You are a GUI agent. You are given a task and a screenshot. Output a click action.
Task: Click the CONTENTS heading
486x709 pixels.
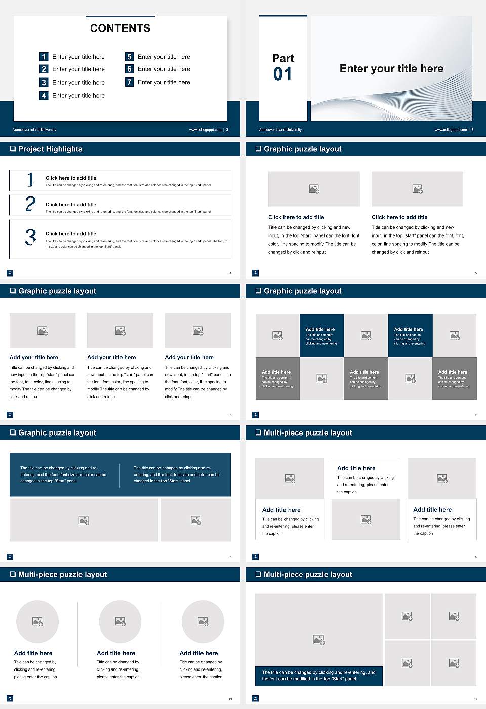pyautogui.click(x=120, y=28)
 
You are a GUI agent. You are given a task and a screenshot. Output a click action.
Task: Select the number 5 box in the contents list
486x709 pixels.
pyautogui.click(x=129, y=57)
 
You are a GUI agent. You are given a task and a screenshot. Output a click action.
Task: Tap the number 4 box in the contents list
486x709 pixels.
pyautogui.click(x=44, y=95)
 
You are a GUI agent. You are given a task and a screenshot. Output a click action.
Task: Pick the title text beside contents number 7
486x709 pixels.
pyautogui.click(x=164, y=82)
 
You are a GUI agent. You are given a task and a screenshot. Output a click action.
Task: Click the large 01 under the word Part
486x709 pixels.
pyautogui.click(x=282, y=74)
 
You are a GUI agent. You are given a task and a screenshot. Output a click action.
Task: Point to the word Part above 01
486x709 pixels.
pyautogui.click(x=283, y=58)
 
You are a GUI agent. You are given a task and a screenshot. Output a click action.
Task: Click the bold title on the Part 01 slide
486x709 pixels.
pyautogui.click(x=391, y=69)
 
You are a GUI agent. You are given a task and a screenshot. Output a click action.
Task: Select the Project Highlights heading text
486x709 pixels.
pyautogui.click(x=50, y=149)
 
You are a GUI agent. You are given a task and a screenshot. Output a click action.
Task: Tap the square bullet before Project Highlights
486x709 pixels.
pyautogui.click(x=13, y=149)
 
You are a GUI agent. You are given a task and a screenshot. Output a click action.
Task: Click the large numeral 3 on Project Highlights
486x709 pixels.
pyautogui.click(x=30, y=237)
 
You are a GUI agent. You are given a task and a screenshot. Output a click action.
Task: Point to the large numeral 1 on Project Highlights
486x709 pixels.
pyautogui.click(x=30, y=179)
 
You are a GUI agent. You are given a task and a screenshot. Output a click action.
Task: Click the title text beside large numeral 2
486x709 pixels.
pyautogui.click(x=70, y=205)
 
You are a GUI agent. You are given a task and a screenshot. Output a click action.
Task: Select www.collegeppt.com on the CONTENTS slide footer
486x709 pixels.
pyautogui.click(x=205, y=130)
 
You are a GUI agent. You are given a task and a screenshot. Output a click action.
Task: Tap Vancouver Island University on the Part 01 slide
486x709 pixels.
pyautogui.click(x=280, y=130)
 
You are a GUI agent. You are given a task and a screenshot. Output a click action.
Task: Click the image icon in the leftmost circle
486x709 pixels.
pyautogui.click(x=37, y=621)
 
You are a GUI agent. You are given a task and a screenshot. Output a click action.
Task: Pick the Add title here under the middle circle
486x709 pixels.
pyautogui.click(x=116, y=653)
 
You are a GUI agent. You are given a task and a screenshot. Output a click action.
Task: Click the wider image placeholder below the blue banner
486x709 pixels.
pyautogui.click(x=84, y=520)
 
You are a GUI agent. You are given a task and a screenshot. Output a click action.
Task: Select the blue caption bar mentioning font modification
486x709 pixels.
pyautogui.click(x=318, y=676)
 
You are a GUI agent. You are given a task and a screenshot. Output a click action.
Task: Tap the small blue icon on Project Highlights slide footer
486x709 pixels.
pyautogui.click(x=10, y=273)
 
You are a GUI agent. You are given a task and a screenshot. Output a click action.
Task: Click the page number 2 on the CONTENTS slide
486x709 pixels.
pyautogui.click(x=227, y=130)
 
